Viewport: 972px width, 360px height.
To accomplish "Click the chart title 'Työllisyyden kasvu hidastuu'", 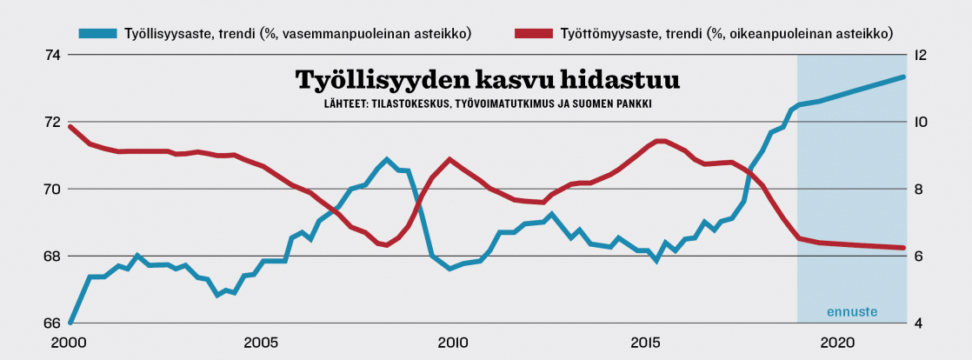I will [487, 80].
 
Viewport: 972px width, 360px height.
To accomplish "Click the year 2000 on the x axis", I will [69, 342].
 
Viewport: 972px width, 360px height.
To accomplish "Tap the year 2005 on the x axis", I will [260, 342].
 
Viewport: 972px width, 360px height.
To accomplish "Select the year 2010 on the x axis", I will [451, 342].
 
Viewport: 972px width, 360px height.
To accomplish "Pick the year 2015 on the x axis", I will [642, 342].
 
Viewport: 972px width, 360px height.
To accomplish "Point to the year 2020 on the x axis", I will [834, 342].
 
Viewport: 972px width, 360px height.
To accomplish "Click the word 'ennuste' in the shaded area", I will [850, 311].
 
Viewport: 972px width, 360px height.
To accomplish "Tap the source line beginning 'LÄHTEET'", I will [487, 103].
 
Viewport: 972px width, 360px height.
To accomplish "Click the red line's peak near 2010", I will [449, 159].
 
